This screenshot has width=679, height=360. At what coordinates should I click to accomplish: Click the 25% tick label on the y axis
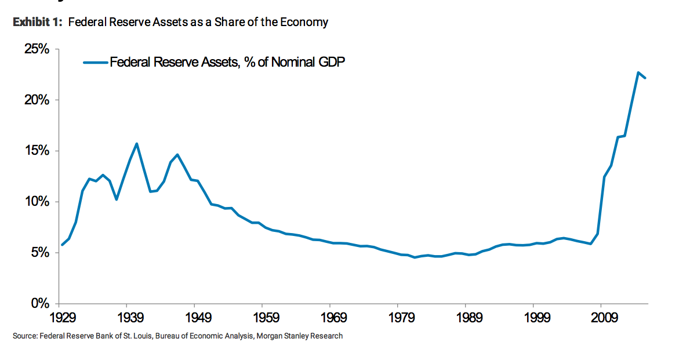pyautogui.click(x=37, y=49)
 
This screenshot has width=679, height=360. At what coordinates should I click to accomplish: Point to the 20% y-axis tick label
pyautogui.click(x=37, y=100)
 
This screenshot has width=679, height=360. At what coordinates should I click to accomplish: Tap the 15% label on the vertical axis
pyautogui.click(x=37, y=151)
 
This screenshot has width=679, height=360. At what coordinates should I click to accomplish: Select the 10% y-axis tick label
pyautogui.click(x=37, y=202)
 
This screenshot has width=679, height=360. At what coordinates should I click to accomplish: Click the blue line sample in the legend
pyautogui.click(x=96, y=62)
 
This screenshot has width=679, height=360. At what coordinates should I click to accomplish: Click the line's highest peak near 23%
pyautogui.click(x=638, y=72)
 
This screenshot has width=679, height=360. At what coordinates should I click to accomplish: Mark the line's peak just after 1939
pyautogui.click(x=137, y=144)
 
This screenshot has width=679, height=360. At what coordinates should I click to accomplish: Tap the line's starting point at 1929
pyautogui.click(x=62, y=245)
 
